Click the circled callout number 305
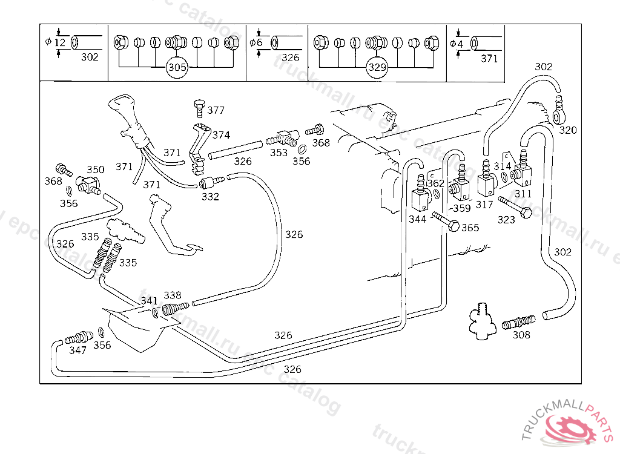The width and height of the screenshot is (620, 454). (177, 68)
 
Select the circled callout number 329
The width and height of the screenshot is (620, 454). (377, 68)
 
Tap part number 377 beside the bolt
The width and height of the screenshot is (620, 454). (216, 110)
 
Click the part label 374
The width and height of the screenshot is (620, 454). (221, 135)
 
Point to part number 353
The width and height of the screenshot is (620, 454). (279, 153)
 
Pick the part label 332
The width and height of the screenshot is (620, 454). (210, 197)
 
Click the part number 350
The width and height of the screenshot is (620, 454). (95, 169)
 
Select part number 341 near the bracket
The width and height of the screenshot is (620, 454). (150, 300)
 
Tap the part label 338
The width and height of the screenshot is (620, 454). (173, 295)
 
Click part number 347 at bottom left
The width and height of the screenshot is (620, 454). (77, 350)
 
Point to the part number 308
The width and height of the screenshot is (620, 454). (521, 335)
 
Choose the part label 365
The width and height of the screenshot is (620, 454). (470, 228)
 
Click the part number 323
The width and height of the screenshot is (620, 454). (506, 220)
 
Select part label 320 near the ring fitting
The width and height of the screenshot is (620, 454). (567, 130)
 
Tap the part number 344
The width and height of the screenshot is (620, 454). (417, 219)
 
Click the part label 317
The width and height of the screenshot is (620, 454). (484, 205)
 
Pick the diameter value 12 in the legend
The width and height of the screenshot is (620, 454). (59, 42)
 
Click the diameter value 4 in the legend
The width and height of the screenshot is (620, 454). (460, 44)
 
